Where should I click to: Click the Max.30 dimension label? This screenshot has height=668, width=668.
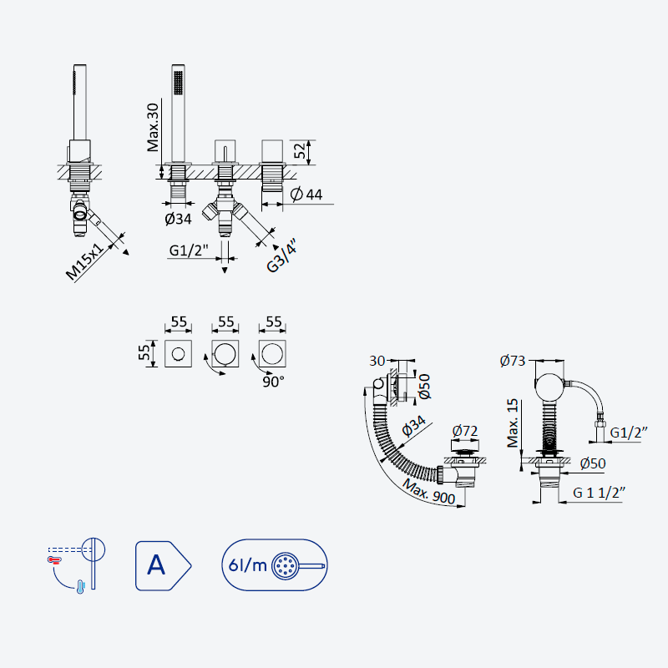coord(153,127)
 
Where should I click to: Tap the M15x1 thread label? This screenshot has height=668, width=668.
coord(85,261)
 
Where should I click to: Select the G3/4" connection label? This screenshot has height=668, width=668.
coord(281,256)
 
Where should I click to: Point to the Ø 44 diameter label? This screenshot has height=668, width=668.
coord(306,195)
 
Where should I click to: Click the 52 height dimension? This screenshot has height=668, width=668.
coord(300,150)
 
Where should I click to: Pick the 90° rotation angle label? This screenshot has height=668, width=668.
coord(273,382)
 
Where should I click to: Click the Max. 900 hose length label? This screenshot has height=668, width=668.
coord(428,491)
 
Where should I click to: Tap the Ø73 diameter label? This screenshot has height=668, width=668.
coord(513,361)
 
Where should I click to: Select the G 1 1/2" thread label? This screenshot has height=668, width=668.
coord(599,493)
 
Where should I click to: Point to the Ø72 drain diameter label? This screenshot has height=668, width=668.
coord(465,431)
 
